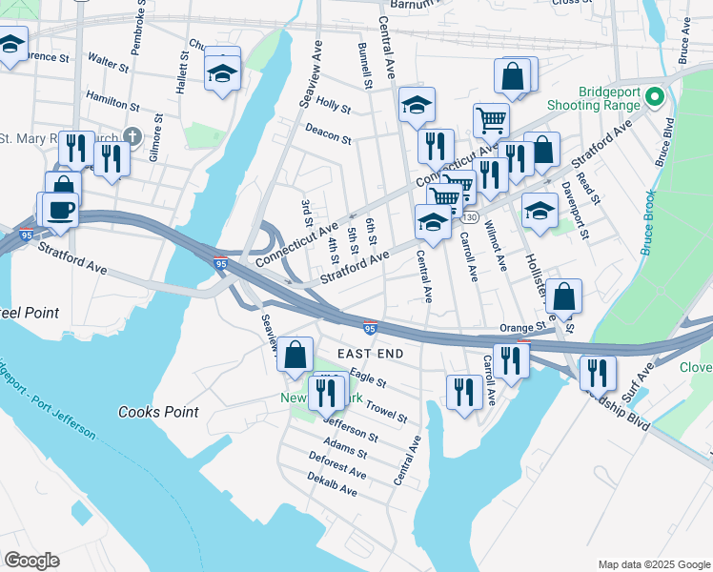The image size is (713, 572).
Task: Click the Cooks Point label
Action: (x=158, y=412)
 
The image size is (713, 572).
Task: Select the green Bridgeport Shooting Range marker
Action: (x=654, y=96)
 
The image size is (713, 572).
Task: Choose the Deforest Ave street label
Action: (x=337, y=466)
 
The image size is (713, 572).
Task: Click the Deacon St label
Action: (x=329, y=133)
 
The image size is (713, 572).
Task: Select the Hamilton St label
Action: (x=112, y=97)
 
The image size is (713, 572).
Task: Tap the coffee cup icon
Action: (x=59, y=210)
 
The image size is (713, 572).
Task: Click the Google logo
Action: (x=31, y=561)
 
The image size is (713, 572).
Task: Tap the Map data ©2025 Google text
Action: (x=653, y=564)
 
